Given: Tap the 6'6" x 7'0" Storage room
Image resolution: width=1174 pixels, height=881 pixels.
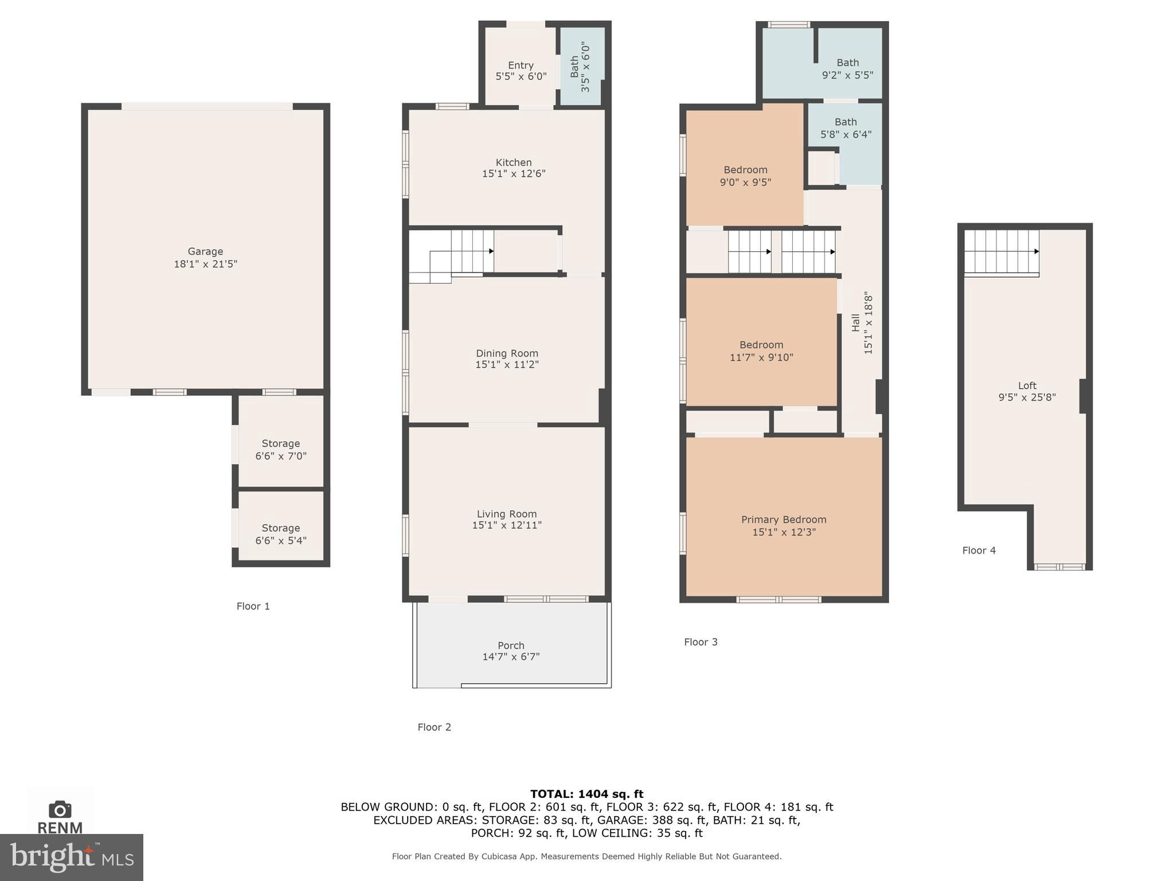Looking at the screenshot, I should (x=281, y=449).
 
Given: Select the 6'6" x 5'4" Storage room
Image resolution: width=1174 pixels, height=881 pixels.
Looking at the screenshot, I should (x=281, y=533).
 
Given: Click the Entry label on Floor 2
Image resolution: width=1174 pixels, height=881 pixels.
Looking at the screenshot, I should (x=521, y=65).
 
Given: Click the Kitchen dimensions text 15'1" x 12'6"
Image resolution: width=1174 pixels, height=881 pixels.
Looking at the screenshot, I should (x=514, y=174).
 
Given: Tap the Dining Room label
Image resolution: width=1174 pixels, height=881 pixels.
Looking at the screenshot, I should (x=507, y=353).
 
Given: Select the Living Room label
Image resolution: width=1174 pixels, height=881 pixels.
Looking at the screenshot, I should (x=507, y=514).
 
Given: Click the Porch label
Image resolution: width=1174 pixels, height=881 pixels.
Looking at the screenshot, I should (x=511, y=645).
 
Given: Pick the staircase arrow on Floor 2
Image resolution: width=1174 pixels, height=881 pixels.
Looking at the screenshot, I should (x=491, y=251).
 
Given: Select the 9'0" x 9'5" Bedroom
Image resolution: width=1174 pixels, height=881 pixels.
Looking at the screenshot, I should (x=745, y=176).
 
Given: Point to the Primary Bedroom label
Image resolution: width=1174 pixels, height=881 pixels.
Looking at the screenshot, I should (x=784, y=520).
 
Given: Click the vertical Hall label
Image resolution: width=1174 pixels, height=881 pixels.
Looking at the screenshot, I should (x=856, y=323).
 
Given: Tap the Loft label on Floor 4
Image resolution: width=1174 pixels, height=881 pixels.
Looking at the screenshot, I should (x=1027, y=385).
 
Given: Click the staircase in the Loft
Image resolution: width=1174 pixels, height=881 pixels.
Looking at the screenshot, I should (x=1001, y=252).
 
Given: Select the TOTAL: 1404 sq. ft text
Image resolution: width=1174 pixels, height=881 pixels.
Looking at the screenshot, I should (x=586, y=794).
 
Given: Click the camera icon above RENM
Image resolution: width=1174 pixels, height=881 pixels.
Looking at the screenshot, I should (x=60, y=809).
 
